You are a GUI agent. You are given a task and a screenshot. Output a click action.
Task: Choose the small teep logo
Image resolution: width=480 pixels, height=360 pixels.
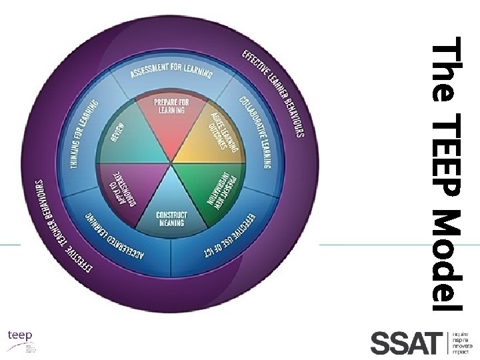pos(20,336)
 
